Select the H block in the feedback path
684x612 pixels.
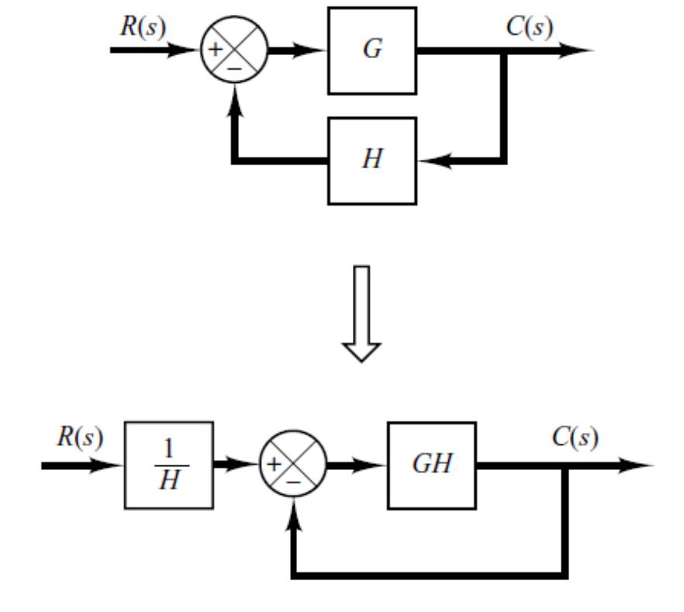point(371,161)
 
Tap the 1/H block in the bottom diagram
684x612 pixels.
point(168,465)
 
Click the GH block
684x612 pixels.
point(432,465)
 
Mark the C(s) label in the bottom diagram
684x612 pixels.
point(574,437)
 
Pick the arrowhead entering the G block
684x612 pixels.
point(315,51)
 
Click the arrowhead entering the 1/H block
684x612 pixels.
point(112,465)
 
